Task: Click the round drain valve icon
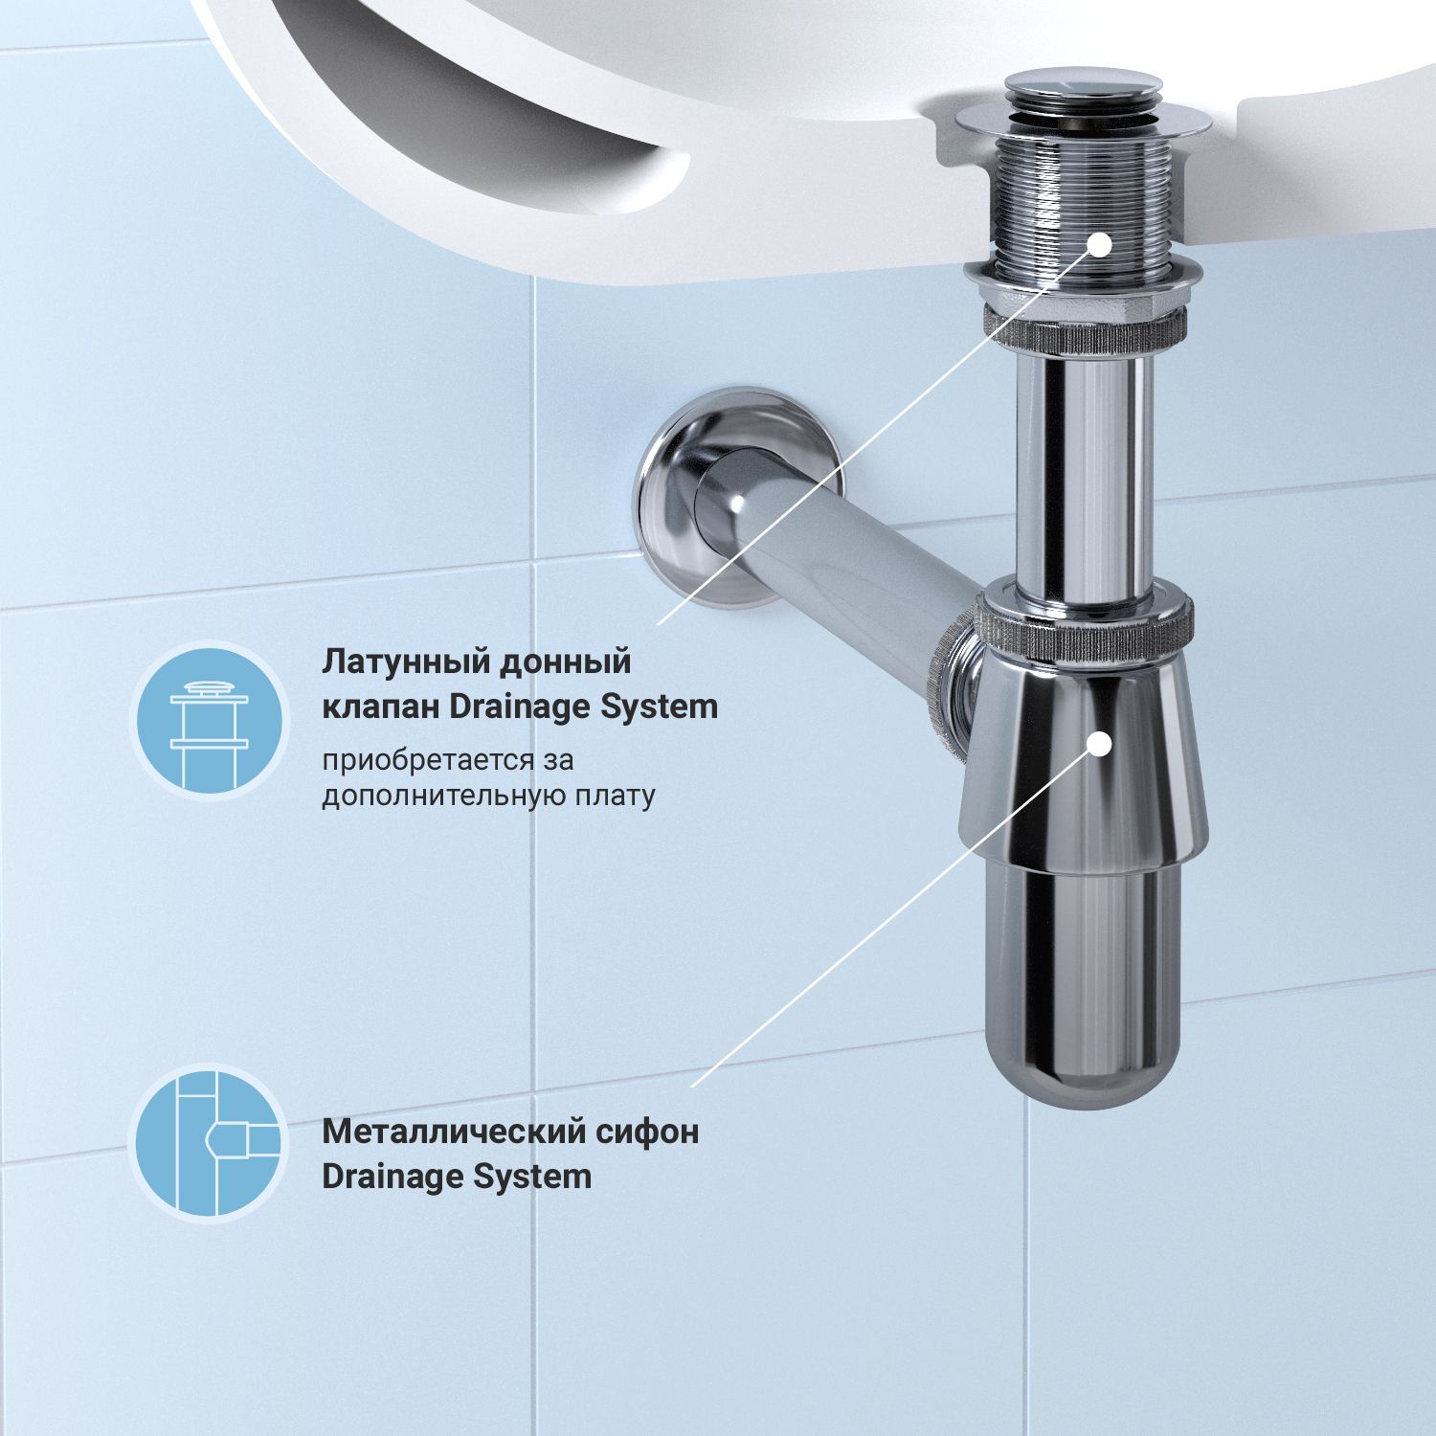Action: click(209, 721)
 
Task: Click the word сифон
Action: click(655, 1132)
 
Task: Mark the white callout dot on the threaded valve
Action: click(1100, 244)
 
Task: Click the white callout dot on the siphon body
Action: click(1100, 742)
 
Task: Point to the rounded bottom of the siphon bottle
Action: click(1082, 1072)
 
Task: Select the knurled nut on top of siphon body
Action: click(1087, 632)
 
